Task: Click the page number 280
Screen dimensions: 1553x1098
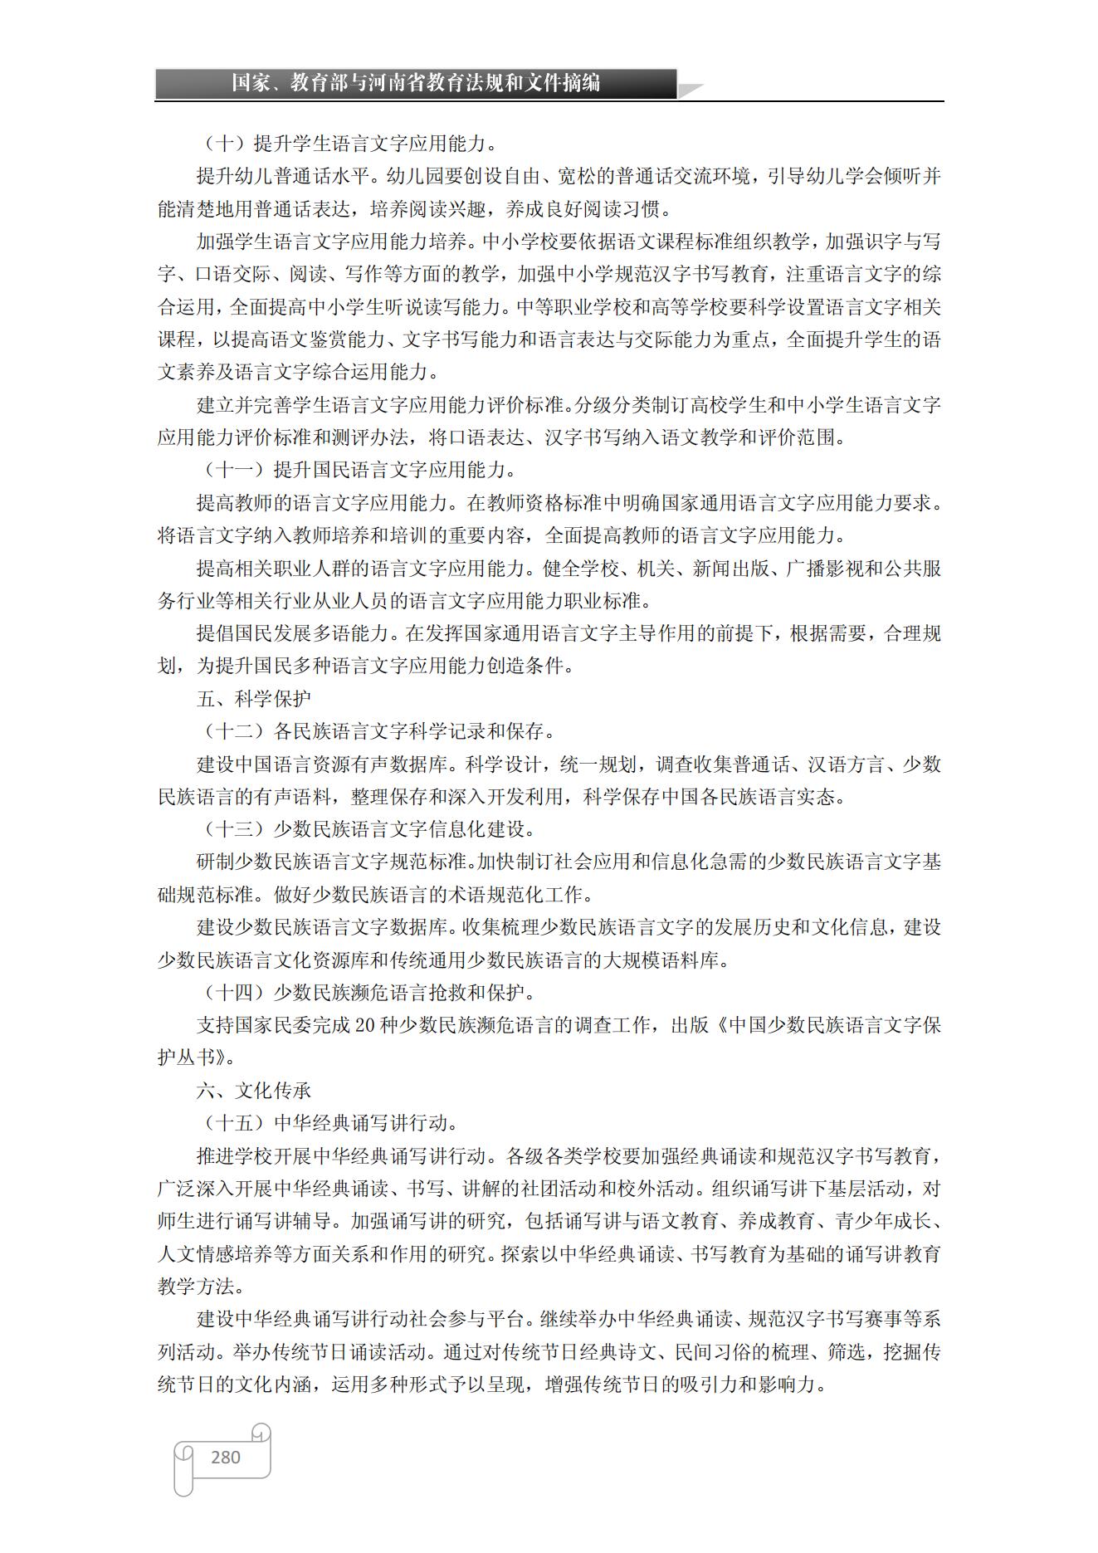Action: [226, 1457]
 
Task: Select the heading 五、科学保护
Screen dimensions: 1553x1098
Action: [254, 699]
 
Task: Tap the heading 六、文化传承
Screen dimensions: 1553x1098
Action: [254, 1090]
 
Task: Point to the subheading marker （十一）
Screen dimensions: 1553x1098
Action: [234, 471]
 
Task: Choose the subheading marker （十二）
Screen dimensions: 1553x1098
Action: [234, 731]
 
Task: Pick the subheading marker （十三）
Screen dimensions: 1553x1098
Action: [234, 829]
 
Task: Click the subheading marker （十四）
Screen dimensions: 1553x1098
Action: [234, 992]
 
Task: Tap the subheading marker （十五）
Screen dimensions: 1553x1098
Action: [234, 1123]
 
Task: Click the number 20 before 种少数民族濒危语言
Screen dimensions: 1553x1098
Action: [366, 1025]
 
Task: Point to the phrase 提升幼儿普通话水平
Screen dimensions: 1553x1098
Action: [282, 177]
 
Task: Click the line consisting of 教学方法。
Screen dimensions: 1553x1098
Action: [202, 1286]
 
